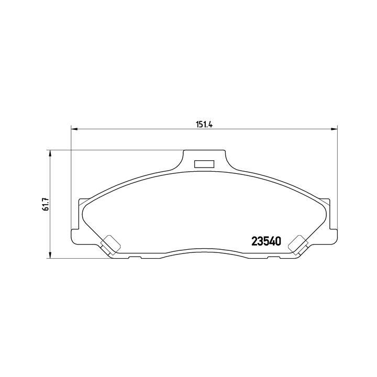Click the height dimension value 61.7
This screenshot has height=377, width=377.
click(46, 204)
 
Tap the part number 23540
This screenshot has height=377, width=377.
click(267, 242)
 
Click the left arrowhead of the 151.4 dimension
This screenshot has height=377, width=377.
click(74, 129)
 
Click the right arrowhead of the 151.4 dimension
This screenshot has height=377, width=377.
click(335, 129)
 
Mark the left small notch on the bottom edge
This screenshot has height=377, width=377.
click(134, 258)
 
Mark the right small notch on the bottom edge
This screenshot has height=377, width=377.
click(273, 258)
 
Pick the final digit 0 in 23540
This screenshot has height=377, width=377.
click(279, 242)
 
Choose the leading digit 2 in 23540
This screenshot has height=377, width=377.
click(255, 242)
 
